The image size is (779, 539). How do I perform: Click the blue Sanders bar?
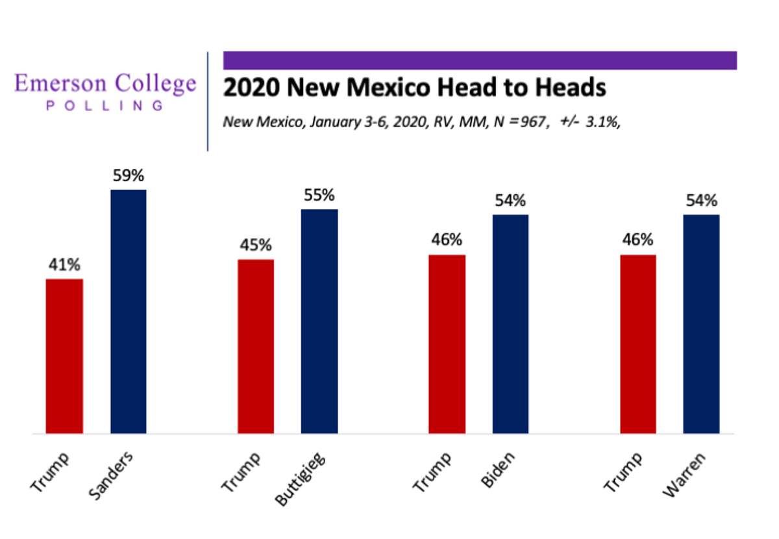click(x=129, y=312)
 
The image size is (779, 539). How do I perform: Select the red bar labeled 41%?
click(x=64, y=356)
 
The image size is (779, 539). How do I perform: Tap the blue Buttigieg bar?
click(x=319, y=321)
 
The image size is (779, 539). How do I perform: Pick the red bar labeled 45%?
click(x=256, y=346)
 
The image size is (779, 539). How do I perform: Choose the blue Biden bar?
click(x=510, y=323)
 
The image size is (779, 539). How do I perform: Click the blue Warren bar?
click(x=702, y=323)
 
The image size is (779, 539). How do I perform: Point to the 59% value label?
click(x=128, y=177)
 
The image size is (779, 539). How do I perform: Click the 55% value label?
click(x=319, y=195)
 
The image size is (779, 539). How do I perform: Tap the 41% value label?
click(x=64, y=266)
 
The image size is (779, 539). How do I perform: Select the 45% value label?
click(x=255, y=246)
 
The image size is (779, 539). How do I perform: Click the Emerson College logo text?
click(x=105, y=84)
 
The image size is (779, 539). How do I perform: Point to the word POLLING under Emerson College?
click(x=105, y=105)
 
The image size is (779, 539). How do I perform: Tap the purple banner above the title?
click(x=480, y=60)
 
